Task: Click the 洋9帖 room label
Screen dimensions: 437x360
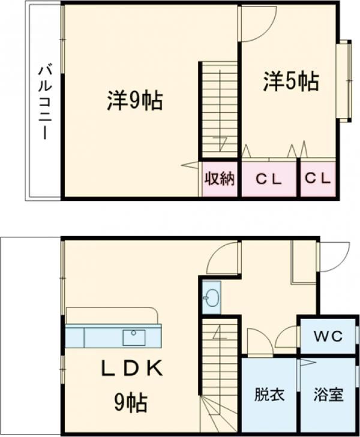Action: (135, 100)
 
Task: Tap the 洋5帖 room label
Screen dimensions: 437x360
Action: (290, 82)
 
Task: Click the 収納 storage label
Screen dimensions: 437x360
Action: (220, 178)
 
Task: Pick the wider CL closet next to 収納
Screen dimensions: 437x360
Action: (268, 178)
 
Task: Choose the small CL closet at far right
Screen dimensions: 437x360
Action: (317, 178)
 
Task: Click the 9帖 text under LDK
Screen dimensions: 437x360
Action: (131, 403)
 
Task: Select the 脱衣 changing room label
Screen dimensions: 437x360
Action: (269, 395)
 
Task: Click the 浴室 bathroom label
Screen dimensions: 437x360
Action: (328, 395)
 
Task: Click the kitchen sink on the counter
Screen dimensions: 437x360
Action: (134, 337)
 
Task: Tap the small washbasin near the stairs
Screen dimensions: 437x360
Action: (211, 296)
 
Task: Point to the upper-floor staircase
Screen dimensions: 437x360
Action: (219, 108)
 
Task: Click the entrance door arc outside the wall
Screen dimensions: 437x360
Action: (334, 256)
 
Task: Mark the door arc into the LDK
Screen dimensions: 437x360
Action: (223, 259)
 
